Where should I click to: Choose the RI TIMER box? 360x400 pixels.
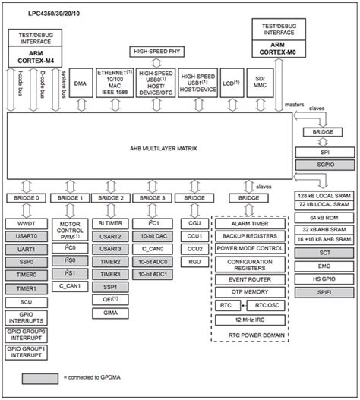[x=112, y=224]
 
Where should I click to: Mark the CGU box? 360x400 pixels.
[x=194, y=224]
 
